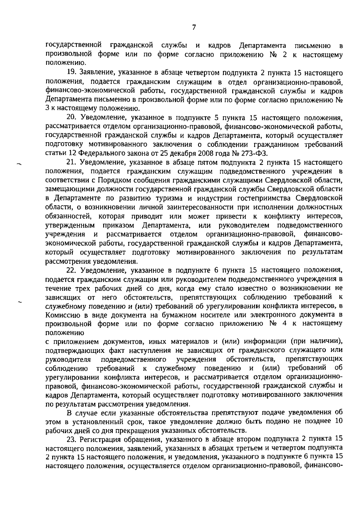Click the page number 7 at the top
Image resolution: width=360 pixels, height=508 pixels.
(194, 27)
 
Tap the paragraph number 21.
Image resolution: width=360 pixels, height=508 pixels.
(71, 162)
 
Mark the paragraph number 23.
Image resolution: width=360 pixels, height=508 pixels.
(71, 439)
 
